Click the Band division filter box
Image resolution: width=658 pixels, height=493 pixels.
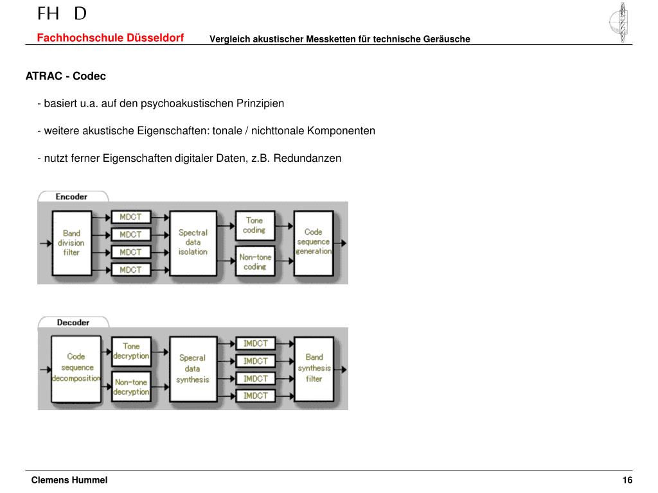click(71, 243)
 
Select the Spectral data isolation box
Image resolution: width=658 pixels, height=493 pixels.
click(193, 243)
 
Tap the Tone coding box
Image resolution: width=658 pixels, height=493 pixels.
click(254, 225)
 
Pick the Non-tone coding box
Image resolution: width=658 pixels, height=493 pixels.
click(254, 261)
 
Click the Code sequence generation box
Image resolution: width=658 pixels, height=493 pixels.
click(313, 242)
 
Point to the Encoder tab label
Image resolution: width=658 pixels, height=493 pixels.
click(71, 196)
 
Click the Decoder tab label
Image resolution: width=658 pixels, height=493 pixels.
click(73, 322)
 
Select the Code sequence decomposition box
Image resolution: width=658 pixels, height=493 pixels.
click(76, 368)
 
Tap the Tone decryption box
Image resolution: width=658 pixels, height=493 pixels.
click(131, 351)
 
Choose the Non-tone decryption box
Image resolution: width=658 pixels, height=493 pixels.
click(131, 387)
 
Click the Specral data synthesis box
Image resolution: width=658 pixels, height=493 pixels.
click(192, 368)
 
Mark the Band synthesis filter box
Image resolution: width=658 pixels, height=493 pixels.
click(314, 368)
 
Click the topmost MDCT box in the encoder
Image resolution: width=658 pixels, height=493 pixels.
click(130, 217)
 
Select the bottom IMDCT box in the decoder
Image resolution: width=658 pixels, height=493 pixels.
click(256, 396)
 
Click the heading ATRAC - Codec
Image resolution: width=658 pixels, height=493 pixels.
click(66, 76)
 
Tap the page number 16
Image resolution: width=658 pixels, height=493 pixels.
click(627, 481)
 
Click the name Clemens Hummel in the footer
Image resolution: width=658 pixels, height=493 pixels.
click(69, 481)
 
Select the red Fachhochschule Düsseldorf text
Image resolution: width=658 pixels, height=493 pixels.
click(110, 38)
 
